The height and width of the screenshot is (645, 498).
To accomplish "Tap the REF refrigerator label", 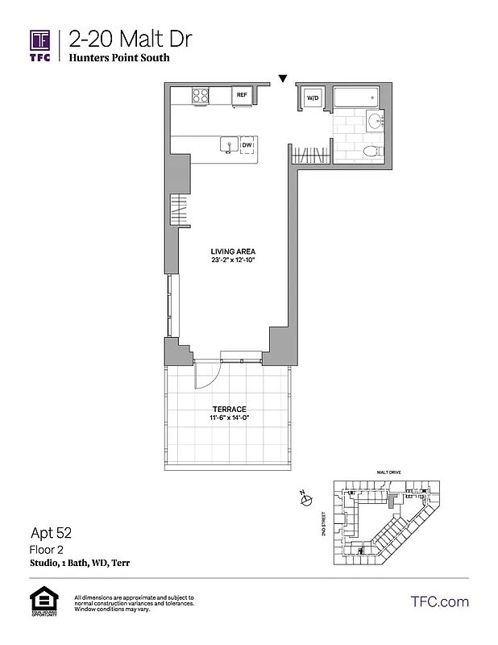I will point(241,95).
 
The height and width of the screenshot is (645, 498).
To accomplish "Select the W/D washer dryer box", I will point(312,98).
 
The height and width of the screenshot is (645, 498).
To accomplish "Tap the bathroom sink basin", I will point(375,122).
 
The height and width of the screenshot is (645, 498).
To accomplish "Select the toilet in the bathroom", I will point(371,152).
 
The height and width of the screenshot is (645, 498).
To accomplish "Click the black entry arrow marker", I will point(282,78).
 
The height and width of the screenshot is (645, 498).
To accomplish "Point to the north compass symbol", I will point(306,501).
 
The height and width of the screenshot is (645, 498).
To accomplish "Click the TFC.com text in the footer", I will point(439,601).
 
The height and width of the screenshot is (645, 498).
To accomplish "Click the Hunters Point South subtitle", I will point(118,58).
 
